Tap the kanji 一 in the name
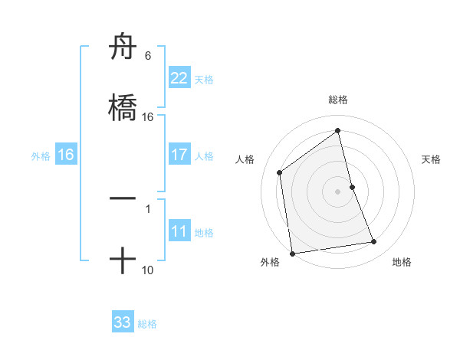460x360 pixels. click(x=123, y=198)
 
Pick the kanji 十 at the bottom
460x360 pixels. click(x=123, y=261)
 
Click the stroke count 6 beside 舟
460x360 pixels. click(x=148, y=56)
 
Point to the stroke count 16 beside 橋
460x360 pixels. click(x=148, y=117)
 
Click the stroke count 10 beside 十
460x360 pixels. click(x=148, y=270)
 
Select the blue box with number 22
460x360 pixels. click(x=179, y=78)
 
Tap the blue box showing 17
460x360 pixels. click(x=179, y=155)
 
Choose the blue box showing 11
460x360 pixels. click(x=179, y=231)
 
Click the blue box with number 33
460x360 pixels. click(x=123, y=322)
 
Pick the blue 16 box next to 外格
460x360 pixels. click(x=66, y=155)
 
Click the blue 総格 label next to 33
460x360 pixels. click(x=147, y=324)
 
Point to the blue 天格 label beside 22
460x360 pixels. click(x=204, y=80)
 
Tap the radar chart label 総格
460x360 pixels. click(x=338, y=100)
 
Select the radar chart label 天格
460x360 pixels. click(x=432, y=159)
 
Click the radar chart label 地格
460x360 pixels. click(x=402, y=262)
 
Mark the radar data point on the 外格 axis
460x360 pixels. click(x=292, y=253)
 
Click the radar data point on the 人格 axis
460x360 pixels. click(x=280, y=172)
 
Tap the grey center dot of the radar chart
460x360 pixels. click(x=338, y=191)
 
